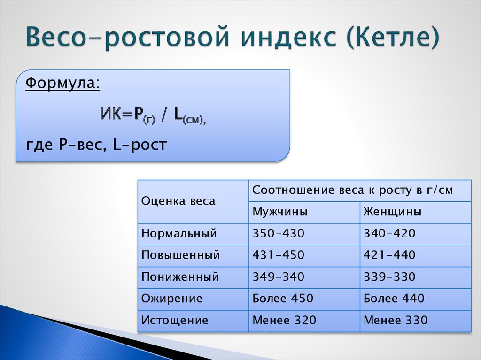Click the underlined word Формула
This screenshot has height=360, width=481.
click(62, 83)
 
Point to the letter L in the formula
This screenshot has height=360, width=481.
click(178, 114)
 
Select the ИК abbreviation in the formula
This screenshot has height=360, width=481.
click(111, 114)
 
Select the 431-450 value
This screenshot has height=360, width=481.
click(278, 255)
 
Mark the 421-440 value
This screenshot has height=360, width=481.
click(389, 255)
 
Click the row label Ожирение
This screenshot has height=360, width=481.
click(172, 299)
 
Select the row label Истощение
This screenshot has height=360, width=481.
click(175, 321)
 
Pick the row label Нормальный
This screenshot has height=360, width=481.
click(179, 234)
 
